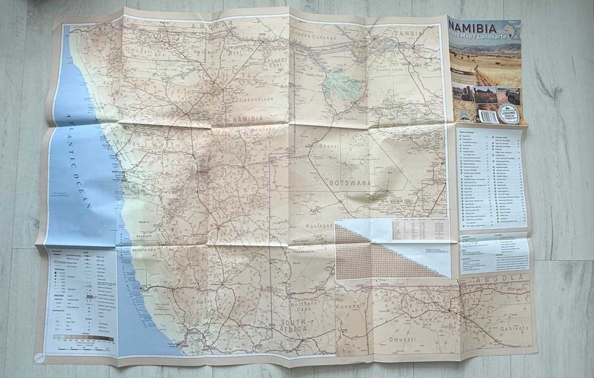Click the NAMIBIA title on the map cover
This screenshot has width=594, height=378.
pyautogui.click(x=475, y=27)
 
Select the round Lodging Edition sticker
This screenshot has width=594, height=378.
pyautogui.click(x=509, y=114)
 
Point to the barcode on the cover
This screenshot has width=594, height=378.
pyautogui.click(x=489, y=116)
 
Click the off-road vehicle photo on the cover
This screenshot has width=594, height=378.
pyautogui.click(x=509, y=95)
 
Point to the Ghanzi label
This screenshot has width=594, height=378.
pyautogui.click(x=329, y=145)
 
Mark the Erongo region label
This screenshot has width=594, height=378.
pyautogui.click(x=129, y=143)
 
